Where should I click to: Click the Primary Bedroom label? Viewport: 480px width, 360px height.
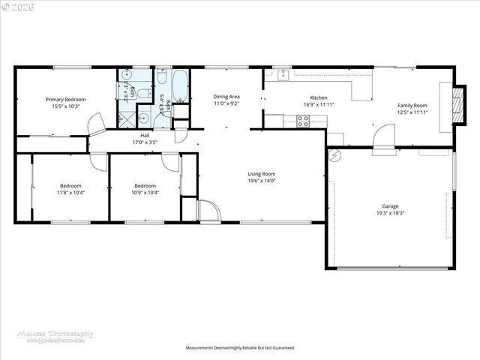pos(65,100)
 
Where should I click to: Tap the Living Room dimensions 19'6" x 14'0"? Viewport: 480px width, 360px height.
pos(262,181)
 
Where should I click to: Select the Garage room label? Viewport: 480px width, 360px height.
pos(389,206)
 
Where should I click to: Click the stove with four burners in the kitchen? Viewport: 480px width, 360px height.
pos(304,121)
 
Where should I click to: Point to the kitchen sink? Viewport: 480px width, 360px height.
pos(283,74)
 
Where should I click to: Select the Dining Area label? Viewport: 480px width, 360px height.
pos(226,97)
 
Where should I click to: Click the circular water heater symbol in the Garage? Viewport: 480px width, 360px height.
pos(334,156)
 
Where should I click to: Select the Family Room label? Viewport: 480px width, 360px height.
pos(412,106)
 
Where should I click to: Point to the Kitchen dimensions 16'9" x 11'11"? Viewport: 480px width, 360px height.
pos(319,105)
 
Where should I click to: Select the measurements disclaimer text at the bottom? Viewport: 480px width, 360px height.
pos(240,348)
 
